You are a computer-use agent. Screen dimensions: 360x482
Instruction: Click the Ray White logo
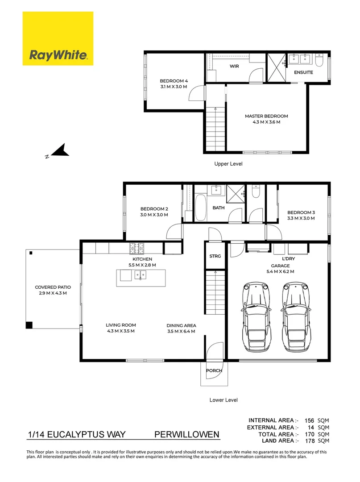[x=58, y=38]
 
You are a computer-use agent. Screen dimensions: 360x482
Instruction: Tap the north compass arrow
[x=60, y=150]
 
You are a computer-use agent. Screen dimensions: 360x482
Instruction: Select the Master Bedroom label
[x=266, y=116]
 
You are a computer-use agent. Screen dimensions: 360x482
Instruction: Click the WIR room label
[x=234, y=66]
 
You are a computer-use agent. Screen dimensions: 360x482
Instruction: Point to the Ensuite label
[x=303, y=72]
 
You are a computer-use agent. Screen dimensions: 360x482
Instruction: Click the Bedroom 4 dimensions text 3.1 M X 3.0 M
[x=174, y=87]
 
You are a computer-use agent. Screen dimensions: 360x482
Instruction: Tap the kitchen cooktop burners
[x=137, y=249]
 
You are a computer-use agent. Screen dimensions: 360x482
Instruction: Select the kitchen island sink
[x=141, y=275]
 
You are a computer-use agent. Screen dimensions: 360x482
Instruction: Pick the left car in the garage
[x=256, y=317]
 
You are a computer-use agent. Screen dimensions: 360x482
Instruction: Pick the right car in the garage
[x=295, y=317]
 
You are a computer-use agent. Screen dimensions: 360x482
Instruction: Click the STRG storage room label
[x=215, y=256]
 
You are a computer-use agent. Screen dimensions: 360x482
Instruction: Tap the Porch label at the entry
[x=214, y=370]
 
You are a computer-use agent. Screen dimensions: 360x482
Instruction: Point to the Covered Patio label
[x=53, y=287]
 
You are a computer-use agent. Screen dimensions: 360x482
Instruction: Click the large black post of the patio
[x=29, y=325]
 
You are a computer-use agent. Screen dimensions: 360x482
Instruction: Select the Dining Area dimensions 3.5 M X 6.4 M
[x=181, y=331]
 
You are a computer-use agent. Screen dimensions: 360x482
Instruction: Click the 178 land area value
[x=310, y=441]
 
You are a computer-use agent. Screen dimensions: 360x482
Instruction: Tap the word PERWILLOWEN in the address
[x=187, y=434]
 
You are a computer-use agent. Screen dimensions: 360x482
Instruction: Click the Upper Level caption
[x=228, y=164]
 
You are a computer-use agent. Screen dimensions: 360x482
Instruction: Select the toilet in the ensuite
[x=319, y=60]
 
